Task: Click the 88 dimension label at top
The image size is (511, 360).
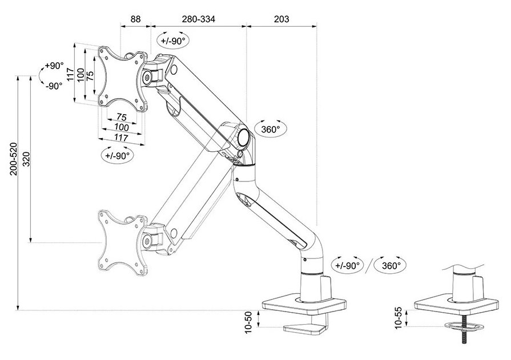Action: (135, 19)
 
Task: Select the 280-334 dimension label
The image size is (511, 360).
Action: (199, 19)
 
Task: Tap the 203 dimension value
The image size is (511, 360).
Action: (281, 19)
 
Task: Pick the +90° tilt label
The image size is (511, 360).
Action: (55, 66)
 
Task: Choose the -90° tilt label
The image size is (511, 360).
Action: (54, 86)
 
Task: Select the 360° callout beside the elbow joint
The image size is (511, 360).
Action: (271, 130)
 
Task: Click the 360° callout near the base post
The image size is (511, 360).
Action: (391, 265)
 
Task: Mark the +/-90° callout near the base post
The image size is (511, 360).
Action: (348, 265)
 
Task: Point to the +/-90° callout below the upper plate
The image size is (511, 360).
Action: (118, 155)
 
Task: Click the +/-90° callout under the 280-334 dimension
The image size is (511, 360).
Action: (173, 41)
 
